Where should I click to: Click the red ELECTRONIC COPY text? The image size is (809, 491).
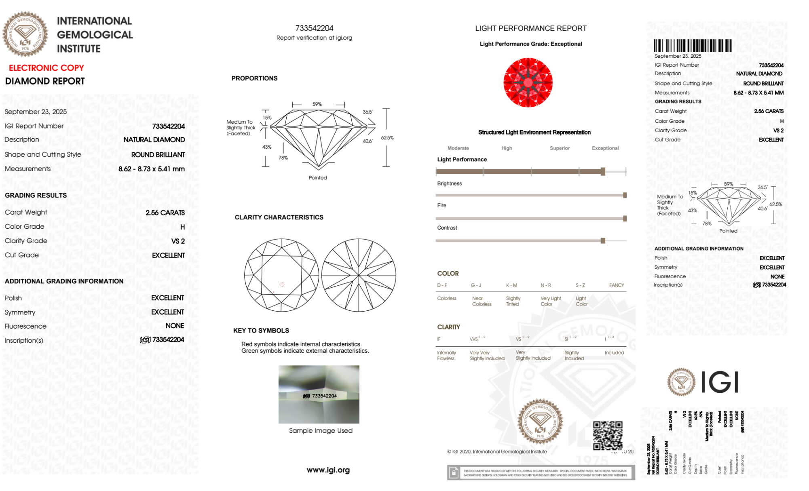(x=46, y=68)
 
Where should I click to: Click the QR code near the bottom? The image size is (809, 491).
(x=607, y=435)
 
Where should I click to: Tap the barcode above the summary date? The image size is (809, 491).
(x=692, y=46)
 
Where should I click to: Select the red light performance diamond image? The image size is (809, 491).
(x=528, y=82)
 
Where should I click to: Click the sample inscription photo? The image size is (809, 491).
(x=319, y=394)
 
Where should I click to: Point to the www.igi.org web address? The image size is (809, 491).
(x=328, y=470)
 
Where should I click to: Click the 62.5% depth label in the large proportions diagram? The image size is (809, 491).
(x=387, y=138)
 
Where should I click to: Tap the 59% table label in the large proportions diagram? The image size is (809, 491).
(x=317, y=104)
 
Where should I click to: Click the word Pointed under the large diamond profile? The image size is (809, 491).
(x=318, y=178)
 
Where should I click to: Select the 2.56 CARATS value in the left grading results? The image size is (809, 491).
(x=165, y=213)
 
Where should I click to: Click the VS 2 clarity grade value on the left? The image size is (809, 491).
(x=178, y=241)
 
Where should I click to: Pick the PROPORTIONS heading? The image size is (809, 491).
(x=254, y=78)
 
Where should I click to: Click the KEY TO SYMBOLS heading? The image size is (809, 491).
(x=261, y=331)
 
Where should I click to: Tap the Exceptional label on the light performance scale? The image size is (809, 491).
(x=605, y=148)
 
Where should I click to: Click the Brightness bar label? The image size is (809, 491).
(x=449, y=183)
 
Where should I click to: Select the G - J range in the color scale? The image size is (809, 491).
(x=476, y=285)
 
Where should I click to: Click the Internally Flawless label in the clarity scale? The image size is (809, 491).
(x=446, y=356)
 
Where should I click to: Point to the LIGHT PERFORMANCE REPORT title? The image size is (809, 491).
(x=530, y=28)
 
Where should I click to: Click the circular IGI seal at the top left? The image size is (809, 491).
(x=25, y=34)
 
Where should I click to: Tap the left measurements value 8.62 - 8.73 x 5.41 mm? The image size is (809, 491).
(x=152, y=169)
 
